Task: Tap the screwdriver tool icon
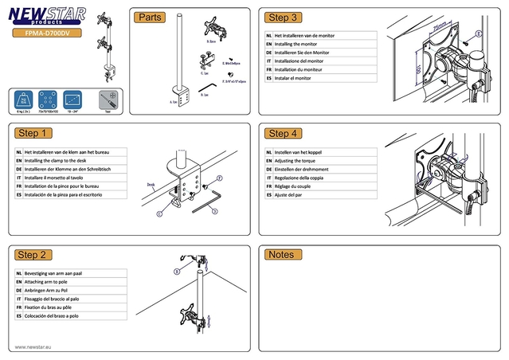[x=108, y=100]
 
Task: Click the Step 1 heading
[x=33, y=133]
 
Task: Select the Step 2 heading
[x=33, y=255]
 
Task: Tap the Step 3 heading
[x=283, y=18]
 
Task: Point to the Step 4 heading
[x=283, y=133]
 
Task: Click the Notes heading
[x=281, y=255]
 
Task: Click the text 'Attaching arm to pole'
[x=52, y=282]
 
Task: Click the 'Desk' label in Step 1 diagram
[x=151, y=184]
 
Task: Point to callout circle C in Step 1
[x=159, y=213]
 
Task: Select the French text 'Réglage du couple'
[x=296, y=186]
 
